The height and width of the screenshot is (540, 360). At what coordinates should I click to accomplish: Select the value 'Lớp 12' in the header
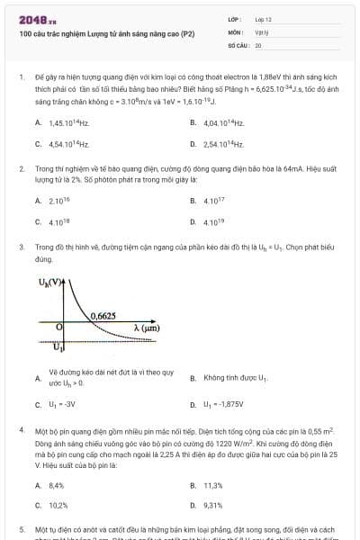263,19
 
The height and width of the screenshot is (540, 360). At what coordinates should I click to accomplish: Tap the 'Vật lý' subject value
260,31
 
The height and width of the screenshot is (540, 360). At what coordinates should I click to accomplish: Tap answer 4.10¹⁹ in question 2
214,221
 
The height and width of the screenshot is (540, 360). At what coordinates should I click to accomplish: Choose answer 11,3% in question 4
213,485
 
